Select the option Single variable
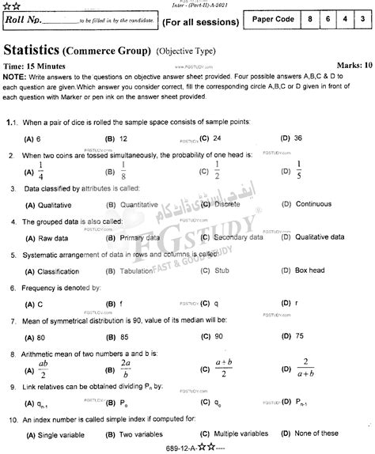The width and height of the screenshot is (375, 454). (x=57, y=434)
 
